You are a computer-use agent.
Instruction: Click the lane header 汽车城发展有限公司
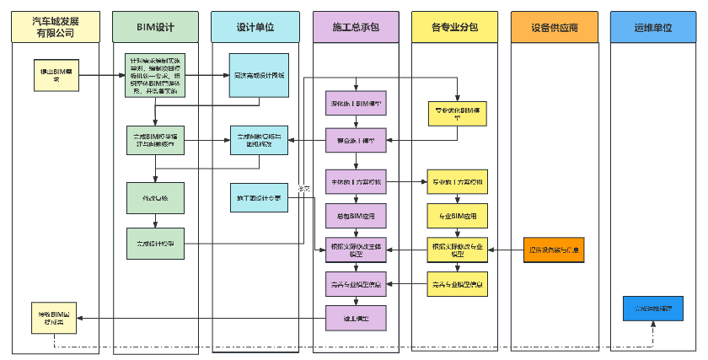pyautogui.click(x=53, y=27)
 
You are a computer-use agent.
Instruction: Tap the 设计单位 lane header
pyautogui.click(x=255, y=27)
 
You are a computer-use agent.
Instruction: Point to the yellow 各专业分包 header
pyautogui.click(x=454, y=27)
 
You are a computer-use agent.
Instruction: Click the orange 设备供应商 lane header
pyautogui.click(x=554, y=27)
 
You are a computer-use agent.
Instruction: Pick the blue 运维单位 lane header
pyautogui.click(x=653, y=27)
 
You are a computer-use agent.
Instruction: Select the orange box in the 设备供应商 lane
pyautogui.click(x=554, y=250)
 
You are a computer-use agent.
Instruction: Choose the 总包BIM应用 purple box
pyautogui.click(x=355, y=216)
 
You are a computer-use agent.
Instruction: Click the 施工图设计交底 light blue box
pyautogui.click(x=260, y=198)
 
